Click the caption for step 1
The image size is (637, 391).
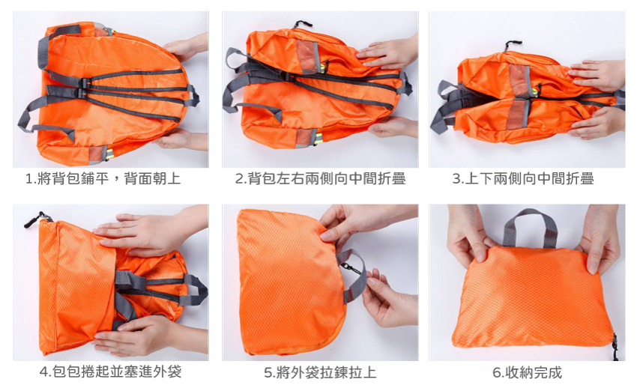point(103,178)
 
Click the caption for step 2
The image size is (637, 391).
point(320,178)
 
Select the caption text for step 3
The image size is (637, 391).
point(523,178)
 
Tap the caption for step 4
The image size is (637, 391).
point(110,372)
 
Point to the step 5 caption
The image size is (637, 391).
point(320,372)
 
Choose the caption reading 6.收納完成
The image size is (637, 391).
point(528,372)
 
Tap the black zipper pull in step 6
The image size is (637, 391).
point(615,346)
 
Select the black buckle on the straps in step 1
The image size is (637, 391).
point(84,88)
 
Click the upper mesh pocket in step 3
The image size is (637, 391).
point(520,80)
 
